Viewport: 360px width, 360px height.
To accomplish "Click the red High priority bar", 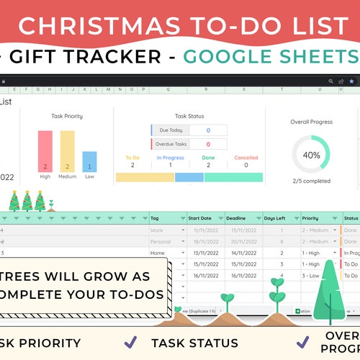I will pyautogui.click(x=45, y=151).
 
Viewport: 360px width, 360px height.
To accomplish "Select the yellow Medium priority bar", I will pyautogui.click(x=67, y=151).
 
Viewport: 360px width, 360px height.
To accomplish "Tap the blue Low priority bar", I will pyautogui.click(x=89, y=161).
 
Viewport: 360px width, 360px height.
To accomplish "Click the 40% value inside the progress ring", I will pyautogui.click(x=311, y=155).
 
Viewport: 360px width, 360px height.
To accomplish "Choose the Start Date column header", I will pyautogui.click(x=200, y=218).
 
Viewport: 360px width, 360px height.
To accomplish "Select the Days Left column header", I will pyautogui.click(x=275, y=218).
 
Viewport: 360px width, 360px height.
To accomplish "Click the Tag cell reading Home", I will pyautogui.click(x=159, y=253).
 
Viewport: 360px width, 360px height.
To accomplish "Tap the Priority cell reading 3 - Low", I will pyautogui.click(x=314, y=275).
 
